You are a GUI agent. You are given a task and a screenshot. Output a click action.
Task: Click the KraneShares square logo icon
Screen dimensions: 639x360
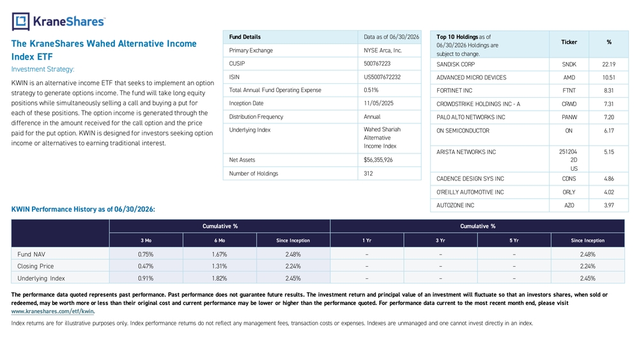[21, 22]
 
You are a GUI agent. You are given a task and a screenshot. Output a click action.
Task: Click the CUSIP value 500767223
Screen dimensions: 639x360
[377, 63]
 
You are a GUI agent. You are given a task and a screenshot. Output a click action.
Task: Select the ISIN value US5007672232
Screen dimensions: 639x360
[382, 77]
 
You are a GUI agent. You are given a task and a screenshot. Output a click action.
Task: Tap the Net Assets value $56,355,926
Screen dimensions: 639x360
[378, 160]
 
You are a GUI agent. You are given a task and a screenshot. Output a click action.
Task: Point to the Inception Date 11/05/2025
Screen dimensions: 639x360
[378, 104]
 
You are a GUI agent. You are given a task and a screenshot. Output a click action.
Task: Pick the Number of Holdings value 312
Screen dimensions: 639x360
[368, 173]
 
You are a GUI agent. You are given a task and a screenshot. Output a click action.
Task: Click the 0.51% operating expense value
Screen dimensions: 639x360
[371, 90]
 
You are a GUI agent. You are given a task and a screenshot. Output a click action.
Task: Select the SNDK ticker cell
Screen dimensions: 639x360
[569, 65]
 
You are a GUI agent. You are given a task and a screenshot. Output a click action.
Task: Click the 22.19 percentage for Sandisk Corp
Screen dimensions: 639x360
[608, 65]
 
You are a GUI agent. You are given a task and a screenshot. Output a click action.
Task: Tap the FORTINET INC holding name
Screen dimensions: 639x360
[454, 91]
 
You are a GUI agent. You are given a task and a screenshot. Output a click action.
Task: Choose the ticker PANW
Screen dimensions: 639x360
[569, 117]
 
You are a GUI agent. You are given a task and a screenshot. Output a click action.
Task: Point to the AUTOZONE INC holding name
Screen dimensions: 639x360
[455, 205]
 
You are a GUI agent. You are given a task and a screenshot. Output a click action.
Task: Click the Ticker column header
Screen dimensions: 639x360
[569, 42]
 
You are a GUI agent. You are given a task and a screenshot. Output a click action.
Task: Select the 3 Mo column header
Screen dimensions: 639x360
[146, 240]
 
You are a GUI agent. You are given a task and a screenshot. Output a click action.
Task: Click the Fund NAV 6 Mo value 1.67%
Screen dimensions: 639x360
[219, 254]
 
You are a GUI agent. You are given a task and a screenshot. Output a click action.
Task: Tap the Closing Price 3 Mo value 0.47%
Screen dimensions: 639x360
[146, 266]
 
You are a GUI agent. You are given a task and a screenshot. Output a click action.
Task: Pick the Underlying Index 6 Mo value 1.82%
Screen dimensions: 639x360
[219, 278]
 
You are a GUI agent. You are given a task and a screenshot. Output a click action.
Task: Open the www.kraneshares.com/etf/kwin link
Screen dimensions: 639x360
[52, 311]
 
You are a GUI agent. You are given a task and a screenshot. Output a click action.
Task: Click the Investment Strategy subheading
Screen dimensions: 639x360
[43, 69]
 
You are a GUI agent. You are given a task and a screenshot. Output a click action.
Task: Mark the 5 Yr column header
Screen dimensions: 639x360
[514, 240]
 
